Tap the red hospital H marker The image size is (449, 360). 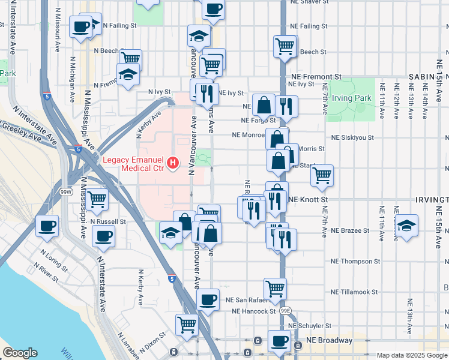pyautogui.click(x=173, y=163)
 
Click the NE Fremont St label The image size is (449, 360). pyautogui.click(x=316, y=77)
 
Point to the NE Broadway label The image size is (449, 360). pyautogui.click(x=330, y=340)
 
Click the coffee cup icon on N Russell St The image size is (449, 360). pyautogui.click(x=103, y=235)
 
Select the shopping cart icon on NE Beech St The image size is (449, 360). pyautogui.click(x=285, y=46)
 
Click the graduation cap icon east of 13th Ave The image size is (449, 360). pyautogui.click(x=407, y=226)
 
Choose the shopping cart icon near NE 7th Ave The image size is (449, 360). pyautogui.click(x=322, y=175)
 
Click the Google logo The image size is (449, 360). pyautogui.click(x=19, y=353)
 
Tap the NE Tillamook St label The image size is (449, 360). pyautogui.click(x=354, y=292)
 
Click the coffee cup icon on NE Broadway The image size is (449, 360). pyautogui.click(x=279, y=341)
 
